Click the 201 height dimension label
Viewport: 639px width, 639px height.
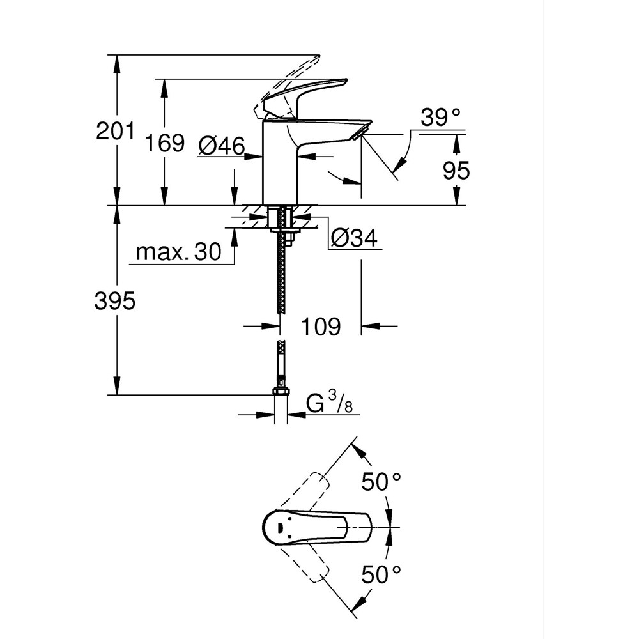pyautogui.click(x=115, y=131)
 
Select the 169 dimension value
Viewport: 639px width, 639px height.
pyautogui.click(x=164, y=143)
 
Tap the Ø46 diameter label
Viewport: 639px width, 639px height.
pyautogui.click(x=221, y=146)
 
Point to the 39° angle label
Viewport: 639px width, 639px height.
pyautogui.click(x=440, y=117)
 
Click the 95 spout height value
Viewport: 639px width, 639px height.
pyautogui.click(x=456, y=171)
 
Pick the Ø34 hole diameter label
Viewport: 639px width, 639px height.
pyautogui.click(x=354, y=238)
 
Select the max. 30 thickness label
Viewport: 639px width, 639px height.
pyautogui.click(x=178, y=252)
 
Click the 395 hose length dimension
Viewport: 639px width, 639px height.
pyautogui.click(x=115, y=300)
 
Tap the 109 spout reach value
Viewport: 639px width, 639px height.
pyautogui.click(x=320, y=327)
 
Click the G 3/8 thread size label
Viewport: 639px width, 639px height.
pyautogui.click(x=330, y=403)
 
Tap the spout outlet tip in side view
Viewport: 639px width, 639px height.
pyautogui.click(x=362, y=131)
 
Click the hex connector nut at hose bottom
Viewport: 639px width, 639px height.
pyautogui.click(x=280, y=391)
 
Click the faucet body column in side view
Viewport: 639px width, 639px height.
pyautogui.click(x=280, y=163)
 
